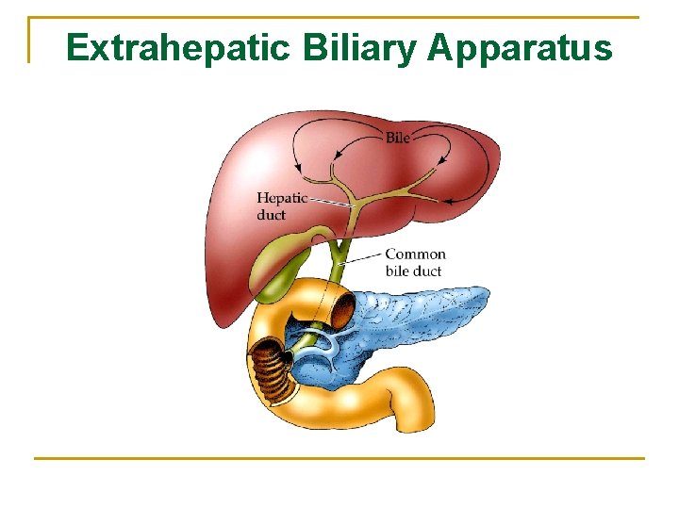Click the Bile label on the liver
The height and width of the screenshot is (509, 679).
coord(398,138)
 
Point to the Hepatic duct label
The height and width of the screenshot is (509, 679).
coord(282,205)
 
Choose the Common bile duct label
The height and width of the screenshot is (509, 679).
coord(415,262)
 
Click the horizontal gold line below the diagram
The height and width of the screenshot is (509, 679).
coord(339,459)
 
